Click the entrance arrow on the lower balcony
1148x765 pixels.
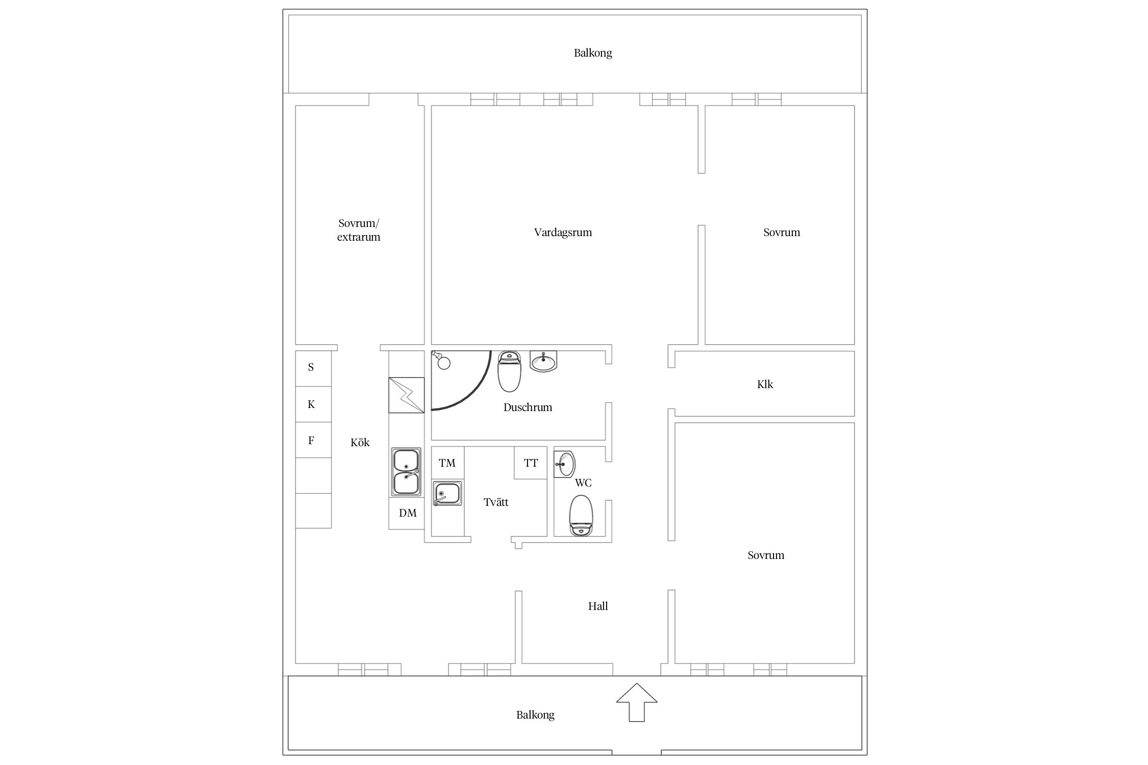(x=636, y=703)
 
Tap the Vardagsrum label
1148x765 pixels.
(x=563, y=233)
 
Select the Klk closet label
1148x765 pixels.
(x=765, y=385)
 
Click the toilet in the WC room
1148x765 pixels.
(x=581, y=515)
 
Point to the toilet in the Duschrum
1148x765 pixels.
(x=509, y=371)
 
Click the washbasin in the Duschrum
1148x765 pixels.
(x=543, y=361)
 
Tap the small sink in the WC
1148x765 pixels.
(x=564, y=464)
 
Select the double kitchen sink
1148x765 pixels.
(x=406, y=472)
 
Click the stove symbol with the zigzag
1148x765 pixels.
(x=406, y=395)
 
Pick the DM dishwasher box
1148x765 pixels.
(x=407, y=513)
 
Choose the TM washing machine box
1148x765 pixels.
(x=447, y=463)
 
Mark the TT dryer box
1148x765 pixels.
(x=531, y=463)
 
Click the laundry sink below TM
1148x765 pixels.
(x=447, y=494)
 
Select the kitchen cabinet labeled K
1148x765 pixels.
(x=313, y=404)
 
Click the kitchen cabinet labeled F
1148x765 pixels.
(x=313, y=440)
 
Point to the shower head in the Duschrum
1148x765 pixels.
(x=441, y=360)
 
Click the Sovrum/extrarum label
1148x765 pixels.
(x=359, y=230)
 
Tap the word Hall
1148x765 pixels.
(x=598, y=606)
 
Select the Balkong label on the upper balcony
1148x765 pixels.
(x=593, y=53)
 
